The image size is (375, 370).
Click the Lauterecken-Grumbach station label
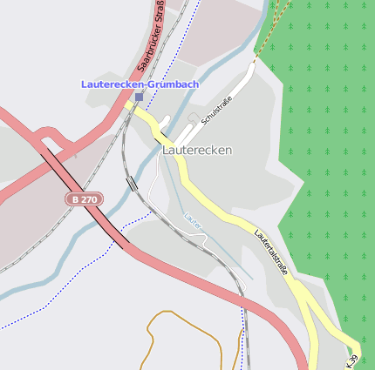[140, 84]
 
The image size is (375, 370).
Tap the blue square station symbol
[139, 97]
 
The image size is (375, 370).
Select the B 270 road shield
[85, 199]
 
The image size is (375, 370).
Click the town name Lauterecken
[197, 150]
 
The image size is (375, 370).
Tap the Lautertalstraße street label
[271, 252]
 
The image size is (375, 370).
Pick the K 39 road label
[351, 360]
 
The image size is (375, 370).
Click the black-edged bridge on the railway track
[132, 183]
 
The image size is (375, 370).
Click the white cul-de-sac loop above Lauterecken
[193, 118]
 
